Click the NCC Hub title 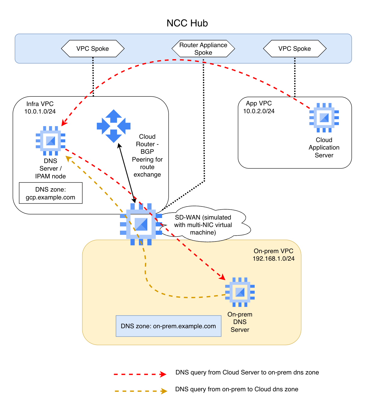[x=187, y=23]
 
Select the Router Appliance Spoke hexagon [x=203, y=49]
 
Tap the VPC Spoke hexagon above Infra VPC [x=93, y=49]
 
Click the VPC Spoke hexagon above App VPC [x=295, y=49]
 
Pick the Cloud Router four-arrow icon [x=114, y=126]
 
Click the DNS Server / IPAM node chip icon [x=51, y=141]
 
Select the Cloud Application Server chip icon [x=324, y=118]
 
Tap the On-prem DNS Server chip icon [x=240, y=292]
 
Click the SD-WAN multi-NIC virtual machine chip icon [x=141, y=224]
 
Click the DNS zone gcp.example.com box [x=51, y=193]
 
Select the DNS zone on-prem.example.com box [x=168, y=326]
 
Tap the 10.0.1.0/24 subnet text [x=40, y=111]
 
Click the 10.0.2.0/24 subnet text [x=259, y=111]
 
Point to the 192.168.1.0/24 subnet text [x=274, y=259]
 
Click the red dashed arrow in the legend [x=140, y=374]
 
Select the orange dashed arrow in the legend [x=141, y=391]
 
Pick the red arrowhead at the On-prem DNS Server [x=222, y=277]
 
